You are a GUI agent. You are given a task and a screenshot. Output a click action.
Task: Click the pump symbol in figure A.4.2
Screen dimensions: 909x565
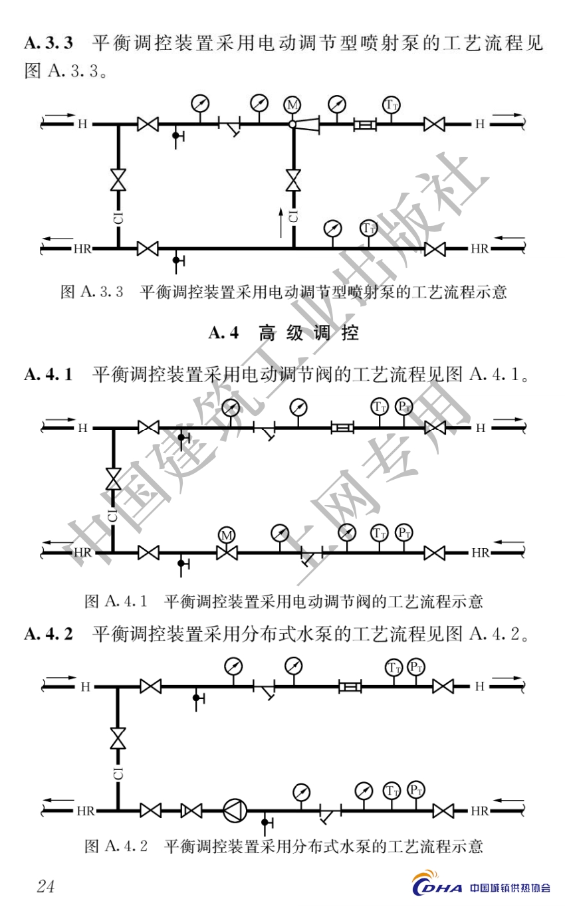(x=235, y=811)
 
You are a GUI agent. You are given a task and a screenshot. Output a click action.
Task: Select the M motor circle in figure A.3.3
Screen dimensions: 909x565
(x=292, y=105)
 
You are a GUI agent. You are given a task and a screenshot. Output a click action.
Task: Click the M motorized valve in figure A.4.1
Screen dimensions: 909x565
(x=227, y=552)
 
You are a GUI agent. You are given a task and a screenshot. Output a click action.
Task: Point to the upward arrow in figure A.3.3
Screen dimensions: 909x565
(x=281, y=222)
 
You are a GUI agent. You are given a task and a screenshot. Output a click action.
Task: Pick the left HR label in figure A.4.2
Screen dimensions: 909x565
(x=86, y=811)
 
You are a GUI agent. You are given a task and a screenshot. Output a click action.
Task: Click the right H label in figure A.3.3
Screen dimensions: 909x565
(x=479, y=124)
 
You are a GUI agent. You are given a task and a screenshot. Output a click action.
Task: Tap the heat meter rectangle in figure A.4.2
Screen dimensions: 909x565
(x=350, y=686)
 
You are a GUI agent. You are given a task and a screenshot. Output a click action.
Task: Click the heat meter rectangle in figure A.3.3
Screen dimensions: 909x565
(x=365, y=124)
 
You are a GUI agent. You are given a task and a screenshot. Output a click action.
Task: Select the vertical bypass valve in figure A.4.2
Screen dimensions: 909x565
(x=119, y=738)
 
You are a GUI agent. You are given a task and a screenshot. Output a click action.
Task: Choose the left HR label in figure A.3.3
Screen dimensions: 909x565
(x=83, y=249)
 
